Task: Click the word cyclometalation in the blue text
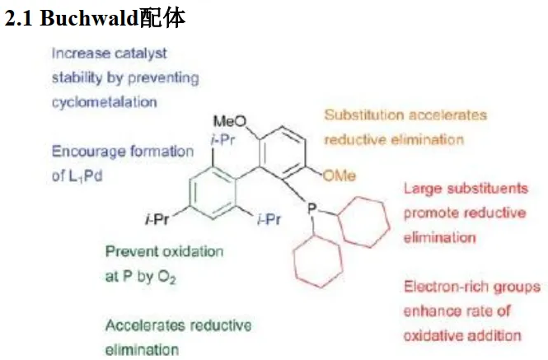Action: pyautogui.click(x=104, y=102)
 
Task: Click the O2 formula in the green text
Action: pyautogui.click(x=167, y=278)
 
